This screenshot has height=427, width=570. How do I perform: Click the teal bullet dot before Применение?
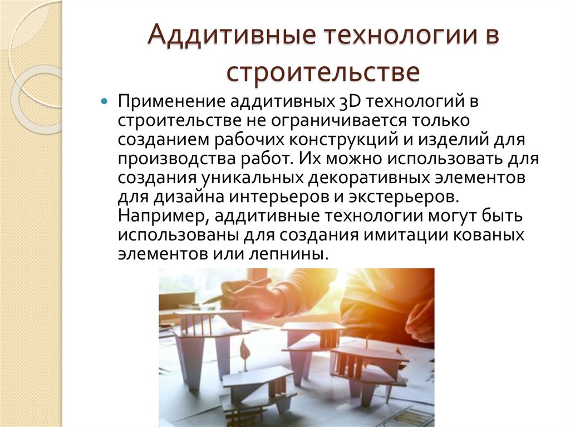[x=104, y=103]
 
